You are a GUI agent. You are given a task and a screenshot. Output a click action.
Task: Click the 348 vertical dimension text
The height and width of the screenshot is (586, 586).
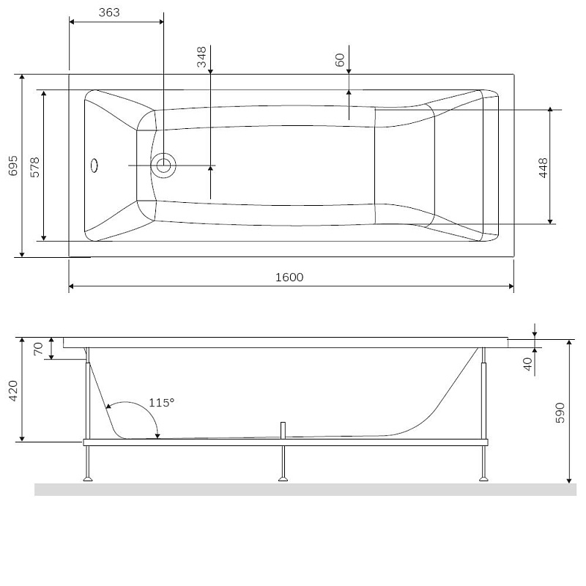(x=201, y=56)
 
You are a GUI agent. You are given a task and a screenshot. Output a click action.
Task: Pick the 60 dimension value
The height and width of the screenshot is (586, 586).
(x=340, y=60)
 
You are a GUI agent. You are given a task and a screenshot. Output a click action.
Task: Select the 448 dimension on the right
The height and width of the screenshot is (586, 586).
(x=543, y=168)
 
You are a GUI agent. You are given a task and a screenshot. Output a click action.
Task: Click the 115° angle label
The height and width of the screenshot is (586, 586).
(x=161, y=402)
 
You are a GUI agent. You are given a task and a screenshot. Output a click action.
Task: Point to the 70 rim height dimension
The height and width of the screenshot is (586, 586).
(x=39, y=348)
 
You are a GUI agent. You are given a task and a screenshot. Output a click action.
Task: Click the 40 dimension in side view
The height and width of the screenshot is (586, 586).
(x=527, y=363)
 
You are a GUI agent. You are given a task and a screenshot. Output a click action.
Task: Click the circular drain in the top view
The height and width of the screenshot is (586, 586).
(x=163, y=166)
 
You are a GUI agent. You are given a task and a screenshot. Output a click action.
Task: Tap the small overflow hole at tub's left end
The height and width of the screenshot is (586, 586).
(x=93, y=165)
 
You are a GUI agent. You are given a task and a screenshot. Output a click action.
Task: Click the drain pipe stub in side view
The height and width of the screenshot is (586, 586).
(x=282, y=430)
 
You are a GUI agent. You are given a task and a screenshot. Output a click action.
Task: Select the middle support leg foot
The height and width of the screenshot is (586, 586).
(x=283, y=480)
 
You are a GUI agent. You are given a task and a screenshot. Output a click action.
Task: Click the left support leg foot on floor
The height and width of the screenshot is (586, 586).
(x=89, y=480)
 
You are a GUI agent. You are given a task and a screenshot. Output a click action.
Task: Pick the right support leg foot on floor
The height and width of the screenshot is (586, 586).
(x=483, y=480)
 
